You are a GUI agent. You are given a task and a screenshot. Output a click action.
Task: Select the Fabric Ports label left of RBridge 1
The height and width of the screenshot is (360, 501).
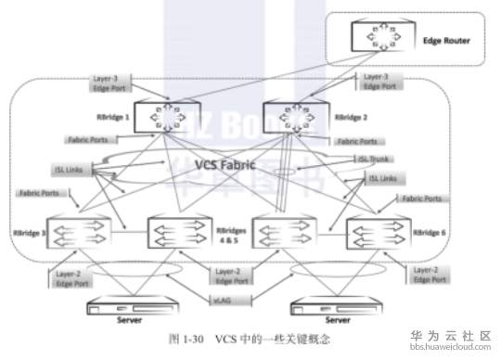click(89, 140)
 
